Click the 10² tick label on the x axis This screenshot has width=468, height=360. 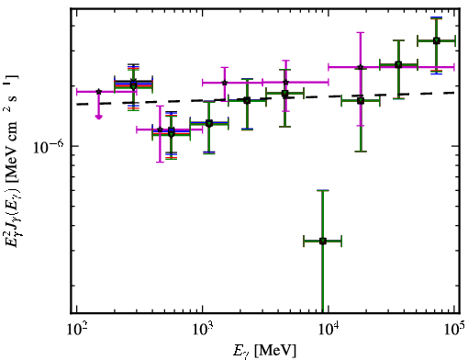(76, 330)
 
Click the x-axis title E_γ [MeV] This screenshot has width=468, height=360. (264, 351)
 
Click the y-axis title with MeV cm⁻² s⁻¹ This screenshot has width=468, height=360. (12, 161)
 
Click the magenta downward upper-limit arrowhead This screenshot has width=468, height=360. (98, 117)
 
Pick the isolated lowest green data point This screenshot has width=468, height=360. (322, 242)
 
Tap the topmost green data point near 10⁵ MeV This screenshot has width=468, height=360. (437, 40)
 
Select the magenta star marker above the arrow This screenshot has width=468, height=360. (98, 92)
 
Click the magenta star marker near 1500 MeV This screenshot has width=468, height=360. (225, 83)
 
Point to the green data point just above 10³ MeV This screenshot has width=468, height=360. (209, 123)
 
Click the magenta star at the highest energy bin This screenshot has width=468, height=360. (361, 67)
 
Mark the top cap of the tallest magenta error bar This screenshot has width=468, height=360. (361, 32)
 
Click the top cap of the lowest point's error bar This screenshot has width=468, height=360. (322, 190)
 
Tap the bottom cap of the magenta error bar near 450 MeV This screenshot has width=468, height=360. (160, 162)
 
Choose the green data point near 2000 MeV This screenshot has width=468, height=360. (247, 100)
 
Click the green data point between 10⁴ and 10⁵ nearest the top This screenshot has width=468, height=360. (398, 65)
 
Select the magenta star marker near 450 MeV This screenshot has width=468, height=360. (160, 129)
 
